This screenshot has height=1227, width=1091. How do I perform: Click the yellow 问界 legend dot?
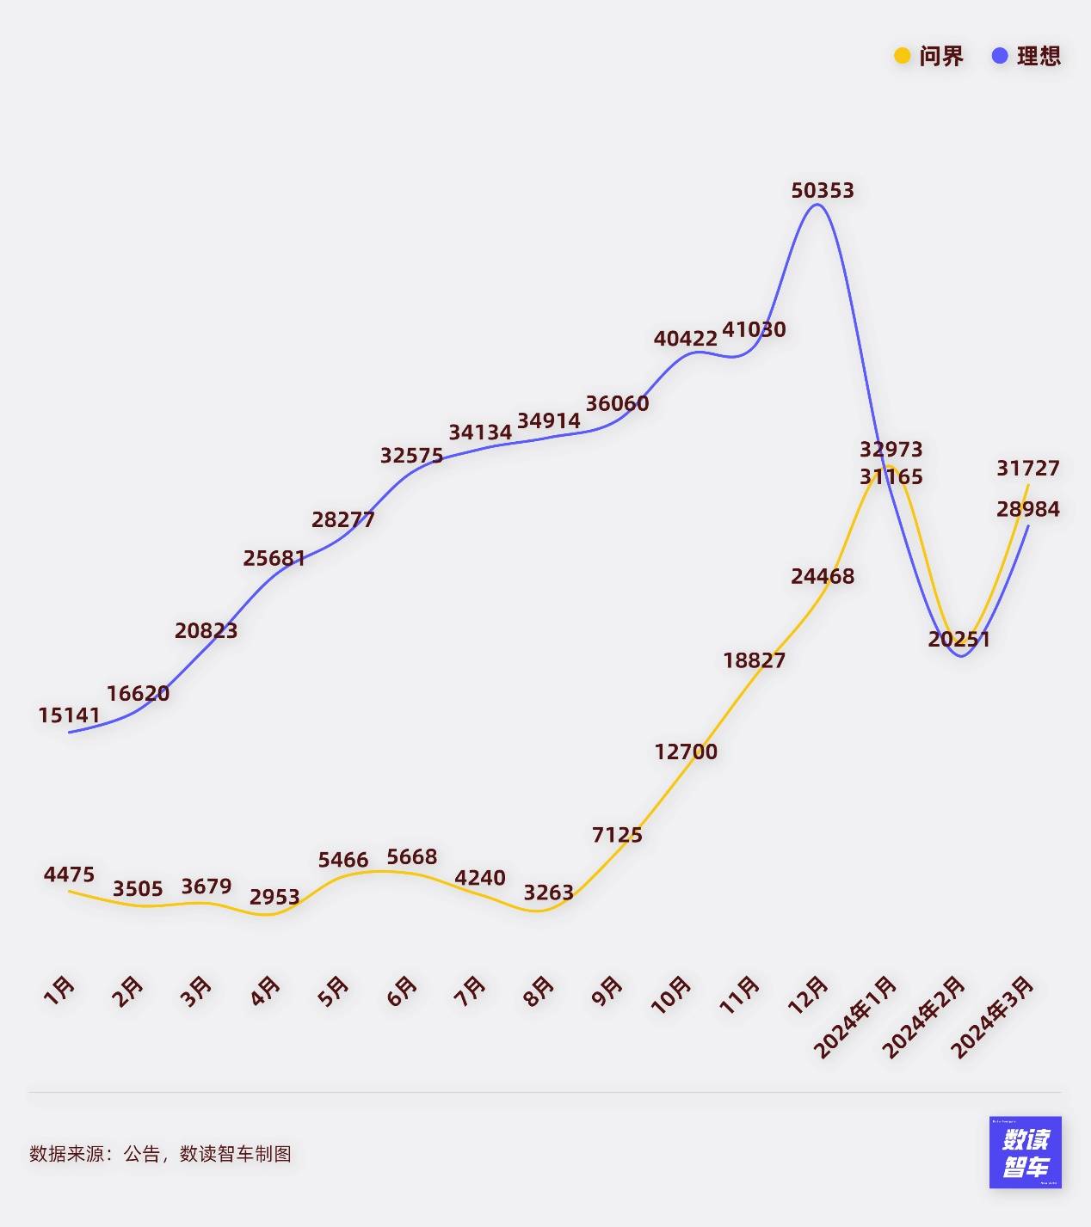coord(902,56)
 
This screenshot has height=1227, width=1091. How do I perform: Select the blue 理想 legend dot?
coord(999,56)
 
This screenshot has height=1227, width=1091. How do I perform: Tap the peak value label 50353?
coord(823,190)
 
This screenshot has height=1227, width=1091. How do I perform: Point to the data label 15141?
coord(69,715)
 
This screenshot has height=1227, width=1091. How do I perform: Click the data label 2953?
coord(274,897)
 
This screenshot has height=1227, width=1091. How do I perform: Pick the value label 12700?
coord(686,752)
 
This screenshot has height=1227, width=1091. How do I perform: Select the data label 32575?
coord(411,455)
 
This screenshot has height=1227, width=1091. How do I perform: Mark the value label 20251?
coord(959,639)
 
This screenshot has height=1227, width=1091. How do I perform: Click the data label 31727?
coord(1028,468)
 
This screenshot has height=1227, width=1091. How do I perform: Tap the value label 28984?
coord(1028,509)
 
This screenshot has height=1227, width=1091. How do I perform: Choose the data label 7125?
coord(617,834)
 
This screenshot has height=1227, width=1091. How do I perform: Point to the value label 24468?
coord(823,576)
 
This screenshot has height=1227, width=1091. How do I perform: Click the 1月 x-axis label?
coord(59,991)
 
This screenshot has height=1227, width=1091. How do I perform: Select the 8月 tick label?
coord(539,991)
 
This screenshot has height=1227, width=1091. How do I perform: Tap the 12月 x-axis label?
coord(809,995)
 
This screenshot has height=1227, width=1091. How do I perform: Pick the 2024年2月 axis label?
coord(923,1017)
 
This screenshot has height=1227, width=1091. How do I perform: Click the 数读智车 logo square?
coord(1025,1152)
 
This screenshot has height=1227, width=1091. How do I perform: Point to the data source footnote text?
coord(160,1154)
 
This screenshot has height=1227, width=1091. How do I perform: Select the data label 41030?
coord(754,329)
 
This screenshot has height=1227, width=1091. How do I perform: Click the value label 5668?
coord(411,856)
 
